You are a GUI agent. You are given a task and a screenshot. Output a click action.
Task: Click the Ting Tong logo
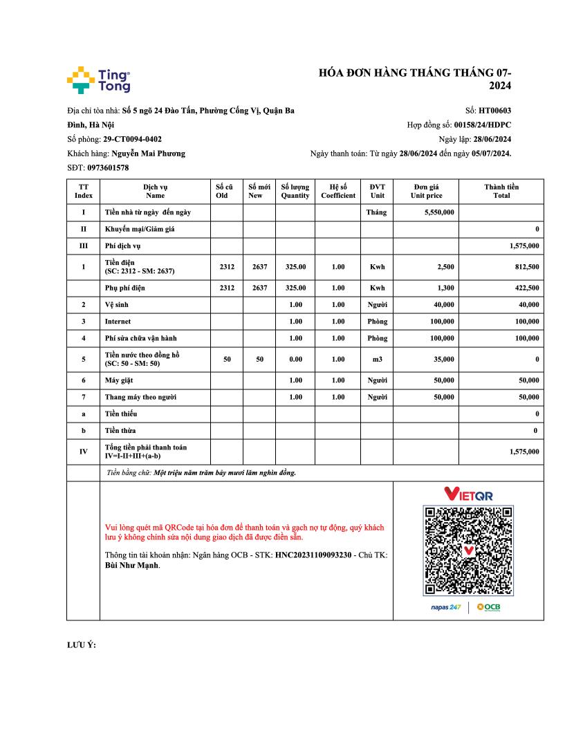pyautogui.click(x=98, y=80)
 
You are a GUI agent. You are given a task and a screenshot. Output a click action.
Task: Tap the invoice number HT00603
pyautogui.click(x=494, y=111)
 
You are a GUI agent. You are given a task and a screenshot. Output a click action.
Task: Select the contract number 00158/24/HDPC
pyautogui.click(x=482, y=125)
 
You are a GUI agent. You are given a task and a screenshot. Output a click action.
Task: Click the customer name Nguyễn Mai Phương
pyautogui.click(x=148, y=154)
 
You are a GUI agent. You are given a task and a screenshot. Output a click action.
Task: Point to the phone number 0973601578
pyautogui.click(x=108, y=168)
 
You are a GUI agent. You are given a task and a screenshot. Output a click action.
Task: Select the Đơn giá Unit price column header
pyautogui.click(x=426, y=191)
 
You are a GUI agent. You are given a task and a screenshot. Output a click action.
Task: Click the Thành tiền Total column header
pyautogui.click(x=501, y=191)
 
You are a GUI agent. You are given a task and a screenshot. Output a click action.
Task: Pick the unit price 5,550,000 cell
pyautogui.click(x=439, y=212)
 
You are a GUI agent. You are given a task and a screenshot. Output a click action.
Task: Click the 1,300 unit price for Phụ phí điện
pyautogui.click(x=445, y=288)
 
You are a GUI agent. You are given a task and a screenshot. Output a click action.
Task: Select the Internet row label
pyautogui.click(x=118, y=322)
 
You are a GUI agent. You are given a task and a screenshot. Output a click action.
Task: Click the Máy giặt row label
pyautogui.click(x=118, y=380)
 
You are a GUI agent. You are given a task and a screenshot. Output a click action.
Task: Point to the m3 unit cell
pyautogui.click(x=377, y=360)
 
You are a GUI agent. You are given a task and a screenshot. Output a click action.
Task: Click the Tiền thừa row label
pyautogui.click(x=120, y=431)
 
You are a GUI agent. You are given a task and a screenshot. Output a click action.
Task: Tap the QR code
pyautogui.click(x=468, y=550)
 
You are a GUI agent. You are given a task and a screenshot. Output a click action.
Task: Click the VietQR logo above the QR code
pyautogui.click(x=468, y=494)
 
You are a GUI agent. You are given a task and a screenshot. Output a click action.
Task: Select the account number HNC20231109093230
pyautogui.click(x=313, y=555)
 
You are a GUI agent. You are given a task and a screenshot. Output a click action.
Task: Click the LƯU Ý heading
pyautogui.click(x=81, y=645)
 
